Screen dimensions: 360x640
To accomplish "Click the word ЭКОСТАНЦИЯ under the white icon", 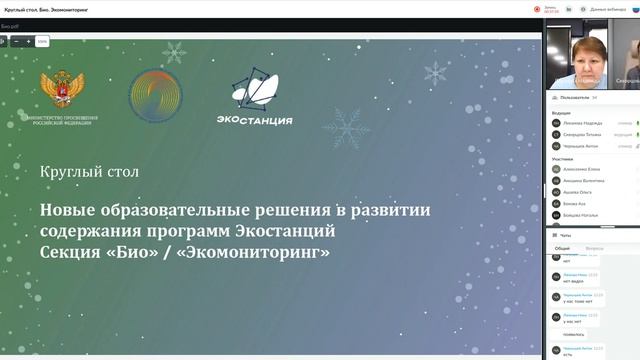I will click(x=254, y=121).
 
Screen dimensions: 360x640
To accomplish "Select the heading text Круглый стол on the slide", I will click(x=89, y=172).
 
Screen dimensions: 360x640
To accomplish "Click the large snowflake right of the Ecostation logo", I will click(x=351, y=127).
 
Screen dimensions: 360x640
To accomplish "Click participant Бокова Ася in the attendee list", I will click(x=574, y=203).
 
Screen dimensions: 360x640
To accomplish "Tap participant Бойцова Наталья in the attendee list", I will click(x=580, y=215).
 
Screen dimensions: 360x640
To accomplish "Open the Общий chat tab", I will click(x=563, y=247).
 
